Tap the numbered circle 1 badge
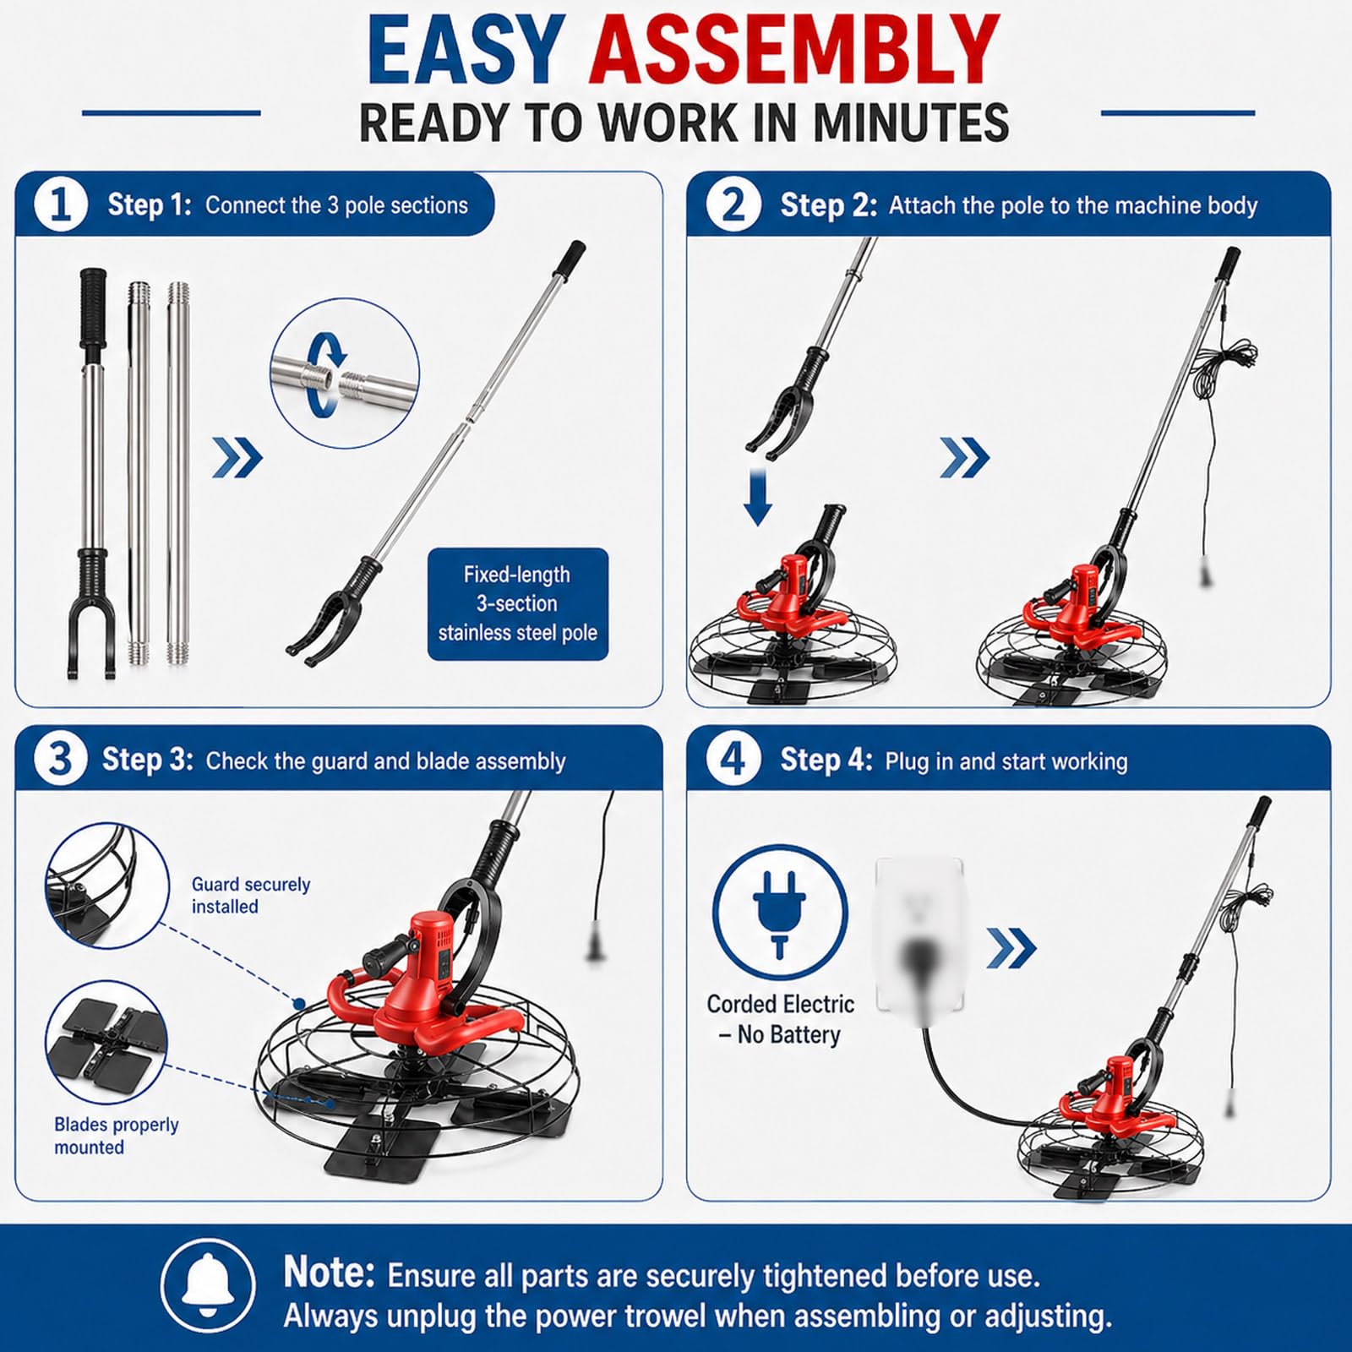pos(61,204)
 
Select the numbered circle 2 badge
pos(733,204)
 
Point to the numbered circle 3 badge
pos(60,759)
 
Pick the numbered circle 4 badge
pos(733,759)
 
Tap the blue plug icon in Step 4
pos(779,913)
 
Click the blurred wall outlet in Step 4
pos(920,936)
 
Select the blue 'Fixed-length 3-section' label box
pos(518,604)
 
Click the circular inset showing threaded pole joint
pos(345,373)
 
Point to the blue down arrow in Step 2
pos(758,499)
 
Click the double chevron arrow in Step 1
pos(237,458)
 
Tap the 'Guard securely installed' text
pos(250,895)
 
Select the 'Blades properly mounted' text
pos(117,1136)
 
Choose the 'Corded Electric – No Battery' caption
pos(780,1019)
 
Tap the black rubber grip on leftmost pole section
pos(93,307)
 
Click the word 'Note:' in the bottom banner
pos(329,1272)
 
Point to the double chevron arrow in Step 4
pos(1011,948)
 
